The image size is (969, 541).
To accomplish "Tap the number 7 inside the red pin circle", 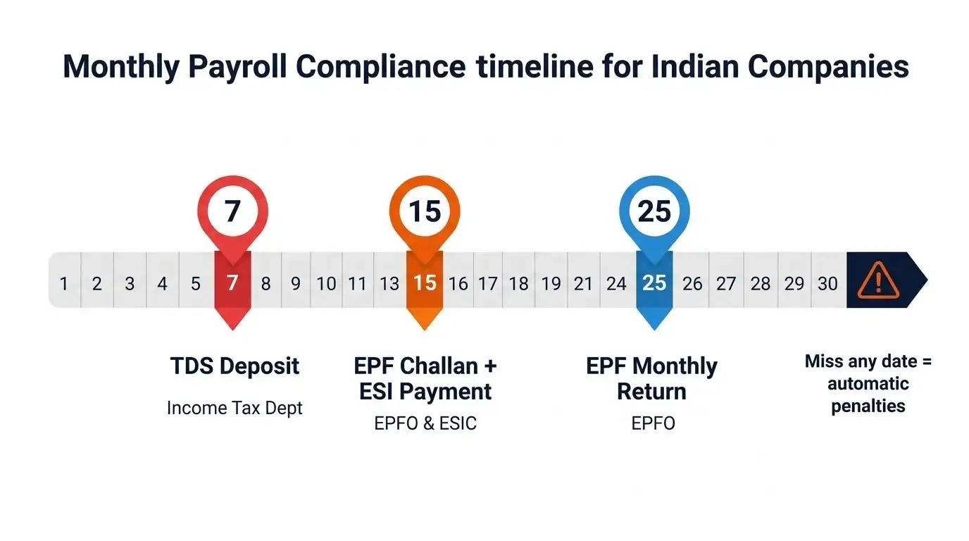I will point(232,211).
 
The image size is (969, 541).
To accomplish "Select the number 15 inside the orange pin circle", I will point(425,211).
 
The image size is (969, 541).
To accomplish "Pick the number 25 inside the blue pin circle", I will point(654,211).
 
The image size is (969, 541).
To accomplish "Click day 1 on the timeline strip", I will point(64,284).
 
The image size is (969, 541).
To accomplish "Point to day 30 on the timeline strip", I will point(827,283).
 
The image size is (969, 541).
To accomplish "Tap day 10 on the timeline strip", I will point(326,284).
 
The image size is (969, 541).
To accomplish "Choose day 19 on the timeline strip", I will point(551,284).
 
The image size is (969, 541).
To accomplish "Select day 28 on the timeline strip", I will point(760,284).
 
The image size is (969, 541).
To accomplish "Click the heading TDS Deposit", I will point(235,366).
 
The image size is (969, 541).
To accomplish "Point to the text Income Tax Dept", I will point(235,408).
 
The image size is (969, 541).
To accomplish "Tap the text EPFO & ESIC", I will point(425,423).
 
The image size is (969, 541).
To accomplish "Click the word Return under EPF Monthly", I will point(651,392).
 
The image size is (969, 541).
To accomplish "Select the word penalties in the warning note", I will point(868,406).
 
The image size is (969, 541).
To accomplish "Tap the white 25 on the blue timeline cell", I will point(654,283).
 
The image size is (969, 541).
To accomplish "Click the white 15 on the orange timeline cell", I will point(425,283).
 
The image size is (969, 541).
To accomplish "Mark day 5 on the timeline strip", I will point(196,284).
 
